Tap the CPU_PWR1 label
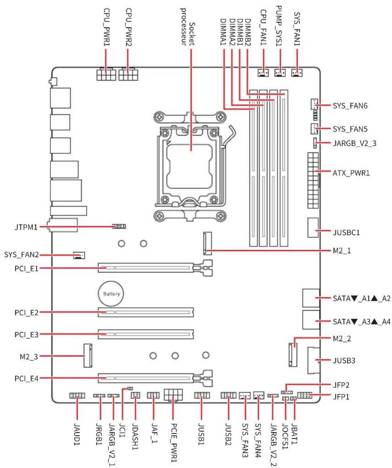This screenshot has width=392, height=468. (107, 27)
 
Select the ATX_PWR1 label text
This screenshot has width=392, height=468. (351, 173)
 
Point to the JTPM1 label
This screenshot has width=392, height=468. (26, 227)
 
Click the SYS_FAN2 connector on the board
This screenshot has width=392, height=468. (79, 255)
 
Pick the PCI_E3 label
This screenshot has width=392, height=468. (26, 334)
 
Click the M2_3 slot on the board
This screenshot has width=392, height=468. (88, 355)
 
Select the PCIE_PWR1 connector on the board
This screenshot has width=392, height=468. (173, 395)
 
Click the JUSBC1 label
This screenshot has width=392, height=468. (346, 232)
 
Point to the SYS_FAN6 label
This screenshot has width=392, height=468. (350, 105)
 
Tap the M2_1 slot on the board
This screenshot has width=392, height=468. (207, 243)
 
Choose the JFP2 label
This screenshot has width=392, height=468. (341, 385)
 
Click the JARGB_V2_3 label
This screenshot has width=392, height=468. (354, 143)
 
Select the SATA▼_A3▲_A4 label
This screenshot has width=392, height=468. (361, 322)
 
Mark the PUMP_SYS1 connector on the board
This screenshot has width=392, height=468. (280, 73)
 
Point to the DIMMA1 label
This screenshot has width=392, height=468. (224, 32)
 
